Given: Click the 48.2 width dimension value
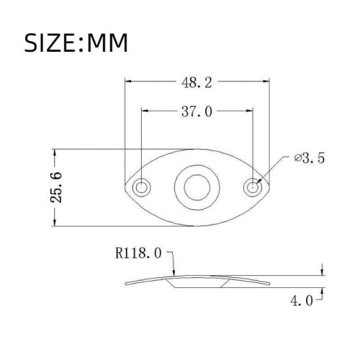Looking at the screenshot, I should click(x=197, y=83).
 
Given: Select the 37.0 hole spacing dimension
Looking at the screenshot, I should click(x=197, y=112).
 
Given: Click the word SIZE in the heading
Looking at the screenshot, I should click(x=55, y=42).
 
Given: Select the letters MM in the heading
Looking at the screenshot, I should click(x=108, y=42).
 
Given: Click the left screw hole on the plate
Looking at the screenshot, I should click(x=142, y=187).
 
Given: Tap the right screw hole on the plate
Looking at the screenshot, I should click(x=253, y=187).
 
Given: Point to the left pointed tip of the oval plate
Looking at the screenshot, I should click(x=125, y=187).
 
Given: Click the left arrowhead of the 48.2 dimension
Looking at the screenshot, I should click(x=130, y=83).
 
